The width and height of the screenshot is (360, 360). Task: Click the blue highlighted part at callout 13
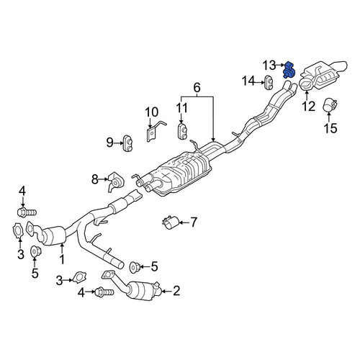pos(289,70)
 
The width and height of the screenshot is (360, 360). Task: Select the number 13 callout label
pos(269,66)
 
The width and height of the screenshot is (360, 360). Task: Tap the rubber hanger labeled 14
pos(269,83)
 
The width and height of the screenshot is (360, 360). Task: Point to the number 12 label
pos(308,107)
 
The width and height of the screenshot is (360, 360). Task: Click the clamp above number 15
pos(330,105)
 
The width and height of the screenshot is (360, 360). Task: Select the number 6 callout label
pos(197,88)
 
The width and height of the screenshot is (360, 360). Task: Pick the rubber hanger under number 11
pos(183,131)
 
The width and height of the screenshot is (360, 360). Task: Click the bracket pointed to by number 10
pos(153,131)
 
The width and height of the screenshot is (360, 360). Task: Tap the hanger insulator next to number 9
pos(128,143)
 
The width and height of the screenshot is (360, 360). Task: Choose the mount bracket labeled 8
pos(115,181)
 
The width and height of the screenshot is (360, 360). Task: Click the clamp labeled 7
pos(170,222)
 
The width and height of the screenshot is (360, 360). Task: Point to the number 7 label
pos(193,222)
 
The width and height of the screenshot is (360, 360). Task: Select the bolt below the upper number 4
pos(27,212)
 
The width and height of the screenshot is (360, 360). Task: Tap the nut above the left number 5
pos(35,251)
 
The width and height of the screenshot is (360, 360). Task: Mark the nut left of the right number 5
pos(135,267)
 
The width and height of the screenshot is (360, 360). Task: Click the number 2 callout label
pos(176,291)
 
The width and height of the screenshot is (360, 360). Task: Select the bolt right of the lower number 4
pos(104,292)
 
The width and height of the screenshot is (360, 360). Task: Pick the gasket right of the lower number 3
pos(79,277)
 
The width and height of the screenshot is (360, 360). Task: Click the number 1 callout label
pos(62,259)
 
